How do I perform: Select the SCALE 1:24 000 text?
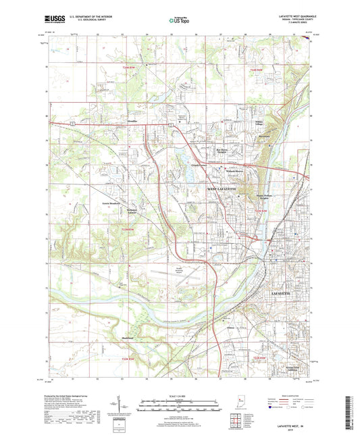pos(179,396)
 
